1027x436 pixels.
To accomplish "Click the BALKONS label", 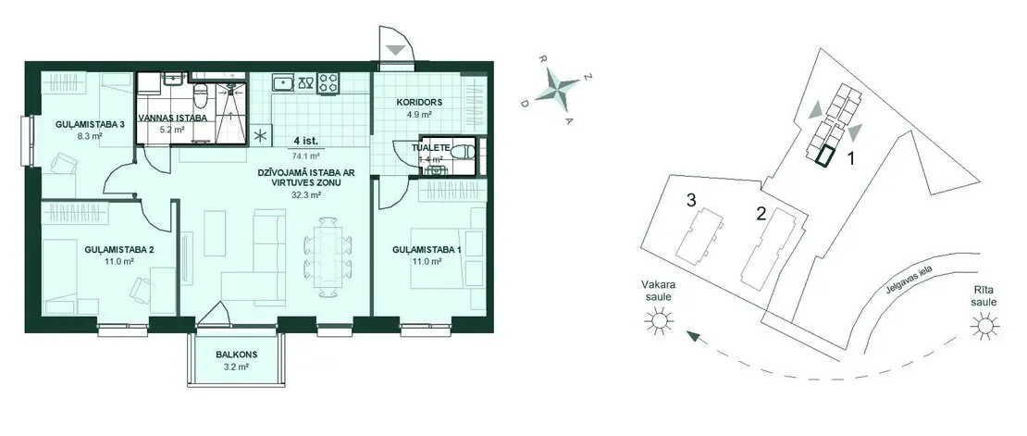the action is pyautogui.click(x=237, y=355).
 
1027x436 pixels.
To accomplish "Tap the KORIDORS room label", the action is pyautogui.click(x=420, y=102).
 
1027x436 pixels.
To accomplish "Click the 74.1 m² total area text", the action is pyautogui.click(x=306, y=156).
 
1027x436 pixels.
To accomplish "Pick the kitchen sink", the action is pyautogui.click(x=284, y=83).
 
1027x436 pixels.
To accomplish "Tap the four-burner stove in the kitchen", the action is pyautogui.click(x=328, y=82).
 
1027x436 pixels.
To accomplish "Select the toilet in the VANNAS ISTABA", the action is pyautogui.click(x=202, y=96).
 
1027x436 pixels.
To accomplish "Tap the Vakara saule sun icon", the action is pyautogui.click(x=658, y=320).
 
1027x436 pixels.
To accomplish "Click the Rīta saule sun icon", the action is pyautogui.click(x=984, y=325).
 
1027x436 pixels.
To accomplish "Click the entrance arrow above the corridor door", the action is pyautogui.click(x=396, y=50).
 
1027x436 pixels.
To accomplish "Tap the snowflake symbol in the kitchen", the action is pyautogui.click(x=261, y=136).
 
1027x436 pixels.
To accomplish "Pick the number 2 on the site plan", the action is pyautogui.click(x=761, y=213).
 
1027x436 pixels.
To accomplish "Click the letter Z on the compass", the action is pyautogui.click(x=588, y=78).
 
